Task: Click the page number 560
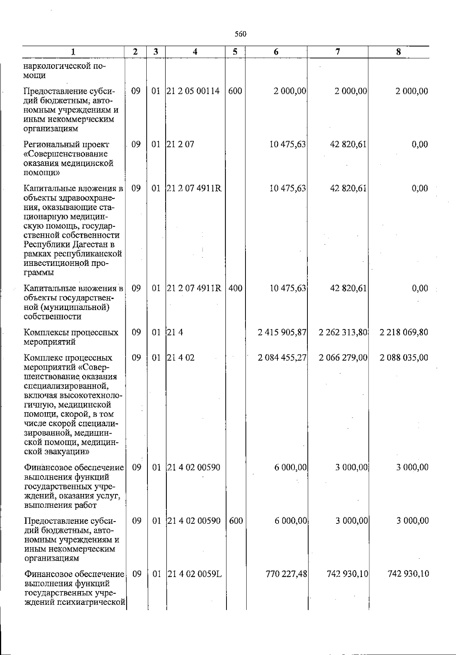[241, 34]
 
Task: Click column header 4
[195, 52]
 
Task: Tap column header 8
[398, 52]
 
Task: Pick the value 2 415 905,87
[282, 332]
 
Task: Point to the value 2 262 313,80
[343, 332]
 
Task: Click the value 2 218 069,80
[404, 332]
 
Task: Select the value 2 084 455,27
[282, 358]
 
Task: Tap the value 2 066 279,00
[343, 358]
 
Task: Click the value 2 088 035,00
[404, 358]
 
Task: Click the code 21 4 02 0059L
[195, 574]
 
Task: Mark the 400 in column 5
[236, 288]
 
